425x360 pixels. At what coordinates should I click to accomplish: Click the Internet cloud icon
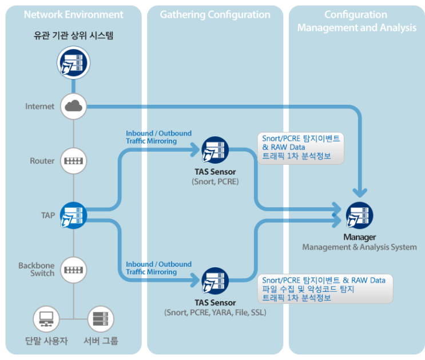[x=73, y=106]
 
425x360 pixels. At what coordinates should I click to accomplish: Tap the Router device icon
[x=73, y=161]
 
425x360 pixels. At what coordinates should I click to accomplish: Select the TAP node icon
[x=73, y=215]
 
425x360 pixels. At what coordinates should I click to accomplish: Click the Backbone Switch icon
[x=73, y=268]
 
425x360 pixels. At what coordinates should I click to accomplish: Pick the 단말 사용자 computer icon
[x=46, y=319]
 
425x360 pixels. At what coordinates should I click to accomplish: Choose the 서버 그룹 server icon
[x=101, y=319]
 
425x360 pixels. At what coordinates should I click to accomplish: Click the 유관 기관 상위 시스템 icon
[x=73, y=63]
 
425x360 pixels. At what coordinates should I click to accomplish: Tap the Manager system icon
[x=359, y=215]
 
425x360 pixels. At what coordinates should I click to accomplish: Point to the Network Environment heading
[x=73, y=14]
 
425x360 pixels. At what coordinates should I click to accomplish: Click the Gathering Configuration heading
[x=215, y=14]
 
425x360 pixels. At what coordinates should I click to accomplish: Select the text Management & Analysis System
[x=359, y=247]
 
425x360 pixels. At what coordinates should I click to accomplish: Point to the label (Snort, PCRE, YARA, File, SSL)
[x=215, y=312]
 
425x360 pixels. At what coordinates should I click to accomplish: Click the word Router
[x=42, y=161]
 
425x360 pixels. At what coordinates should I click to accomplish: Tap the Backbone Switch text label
[x=36, y=269]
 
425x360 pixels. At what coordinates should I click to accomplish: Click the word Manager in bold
[x=359, y=237]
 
